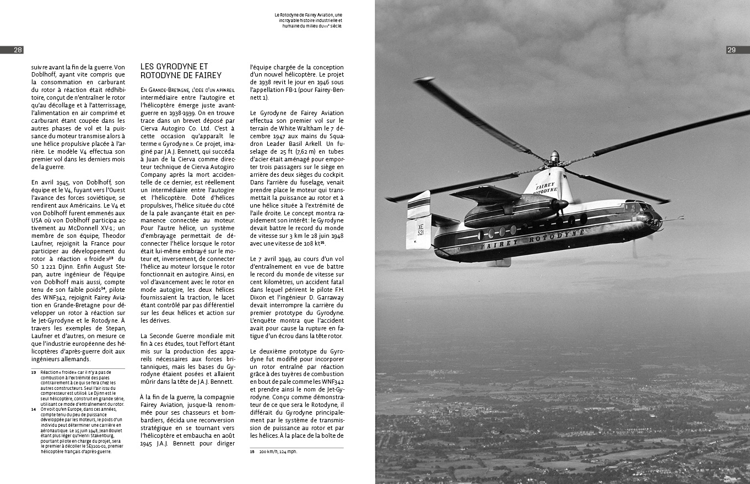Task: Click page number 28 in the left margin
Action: (x=18, y=50)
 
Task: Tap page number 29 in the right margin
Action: (x=732, y=50)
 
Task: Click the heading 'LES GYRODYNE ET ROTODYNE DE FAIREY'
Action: (x=181, y=71)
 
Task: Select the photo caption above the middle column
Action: (x=309, y=20)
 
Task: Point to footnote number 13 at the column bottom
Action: (x=33, y=373)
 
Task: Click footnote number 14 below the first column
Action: (x=33, y=409)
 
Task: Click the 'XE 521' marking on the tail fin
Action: (x=420, y=230)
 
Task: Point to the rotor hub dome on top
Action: (x=554, y=156)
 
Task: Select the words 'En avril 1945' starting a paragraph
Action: (x=51, y=182)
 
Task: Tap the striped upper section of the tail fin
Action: (x=419, y=205)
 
